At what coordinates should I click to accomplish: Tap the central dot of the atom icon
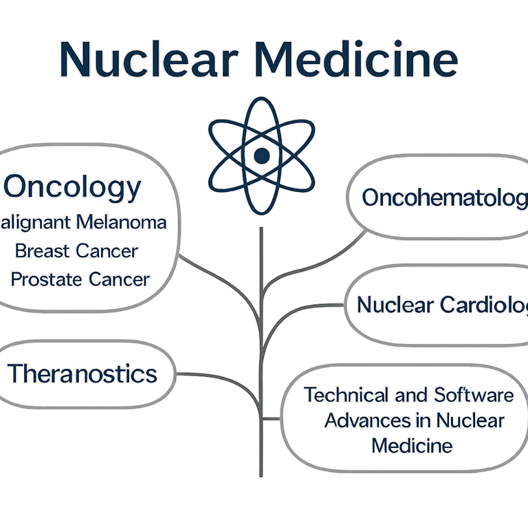261,155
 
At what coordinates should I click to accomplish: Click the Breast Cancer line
76,251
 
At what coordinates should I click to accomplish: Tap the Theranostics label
82,374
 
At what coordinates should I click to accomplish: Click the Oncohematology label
444,197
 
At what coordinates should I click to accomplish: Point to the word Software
474,395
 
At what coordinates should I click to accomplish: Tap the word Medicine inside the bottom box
412,445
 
